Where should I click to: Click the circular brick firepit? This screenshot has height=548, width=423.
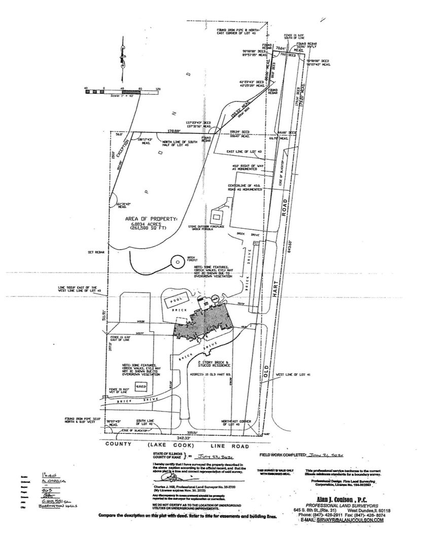click(x=178, y=262)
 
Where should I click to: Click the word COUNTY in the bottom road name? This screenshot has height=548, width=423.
click(x=118, y=444)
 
